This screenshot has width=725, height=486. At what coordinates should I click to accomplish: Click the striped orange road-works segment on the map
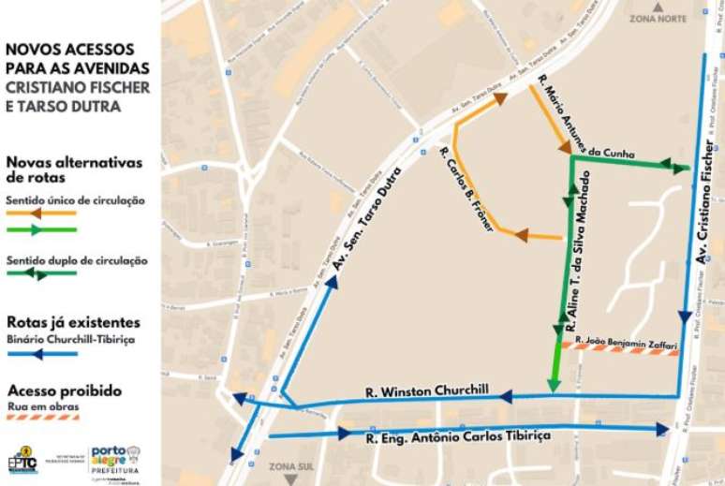tap(618, 349)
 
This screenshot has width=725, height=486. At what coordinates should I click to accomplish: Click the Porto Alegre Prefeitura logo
tap(114, 460)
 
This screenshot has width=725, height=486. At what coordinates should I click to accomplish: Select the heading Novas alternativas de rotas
tap(74, 169)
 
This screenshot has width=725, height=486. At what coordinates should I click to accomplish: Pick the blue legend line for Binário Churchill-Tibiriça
tap(41, 354)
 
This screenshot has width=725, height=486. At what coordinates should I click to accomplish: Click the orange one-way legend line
tap(41, 214)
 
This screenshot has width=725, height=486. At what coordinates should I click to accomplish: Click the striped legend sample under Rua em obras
tap(41, 418)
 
